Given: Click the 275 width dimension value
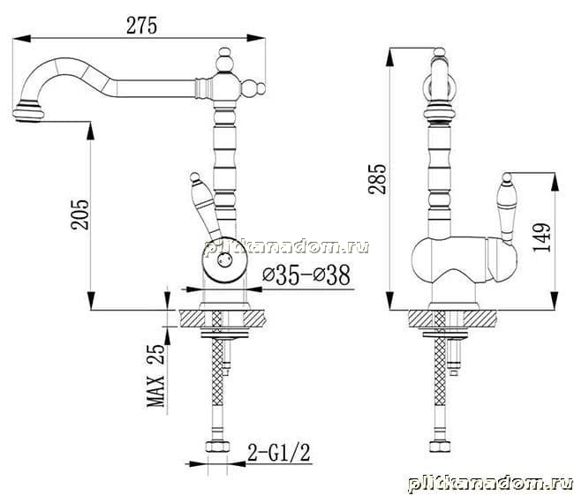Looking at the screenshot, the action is tap(141, 26).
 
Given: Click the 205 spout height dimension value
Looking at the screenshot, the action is tap(79, 214).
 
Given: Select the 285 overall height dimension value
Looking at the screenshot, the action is tap(377, 179).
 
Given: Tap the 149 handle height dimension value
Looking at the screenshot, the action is tap(542, 237).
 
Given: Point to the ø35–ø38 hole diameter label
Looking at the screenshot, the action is tap(306, 274).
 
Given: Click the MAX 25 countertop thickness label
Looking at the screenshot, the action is tap(156, 375).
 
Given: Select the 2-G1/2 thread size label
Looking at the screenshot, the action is tap(279, 453).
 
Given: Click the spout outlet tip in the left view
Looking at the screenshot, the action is tap(28, 113).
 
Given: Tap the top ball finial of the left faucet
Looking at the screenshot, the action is tap(224, 53).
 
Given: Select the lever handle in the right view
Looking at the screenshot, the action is tap(507, 207).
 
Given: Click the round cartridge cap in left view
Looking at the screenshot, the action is tap(225, 260).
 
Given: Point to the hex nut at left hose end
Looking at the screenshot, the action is tap(217, 447).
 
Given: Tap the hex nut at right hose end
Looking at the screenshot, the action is tap(440, 447).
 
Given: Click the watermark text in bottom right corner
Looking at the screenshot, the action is tap(489, 484).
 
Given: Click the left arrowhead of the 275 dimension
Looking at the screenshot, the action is tap(21, 38).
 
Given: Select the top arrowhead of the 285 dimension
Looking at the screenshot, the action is tap(390, 57).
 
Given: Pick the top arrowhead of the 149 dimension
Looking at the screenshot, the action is tap(555, 181).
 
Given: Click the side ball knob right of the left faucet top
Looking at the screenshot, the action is tap(261, 88).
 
